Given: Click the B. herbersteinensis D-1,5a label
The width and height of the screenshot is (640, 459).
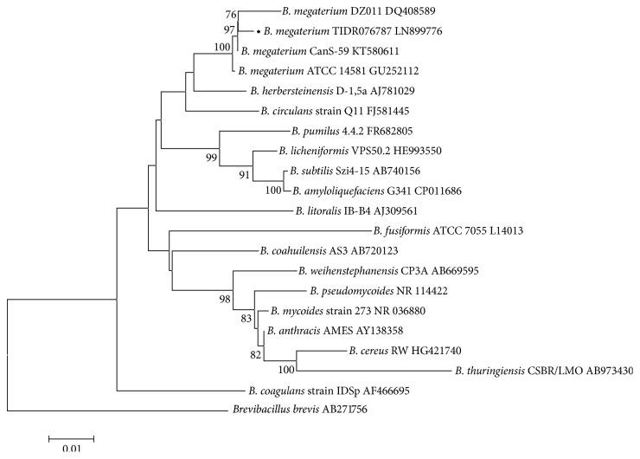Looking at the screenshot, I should tap(328, 90).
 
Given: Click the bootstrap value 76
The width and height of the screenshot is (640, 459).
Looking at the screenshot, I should tap(229, 13).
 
